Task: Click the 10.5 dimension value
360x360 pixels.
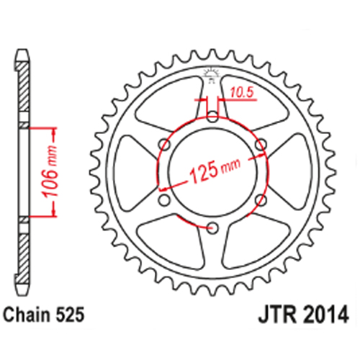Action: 242,92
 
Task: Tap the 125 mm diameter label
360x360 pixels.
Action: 215,170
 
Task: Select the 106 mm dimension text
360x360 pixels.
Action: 50,171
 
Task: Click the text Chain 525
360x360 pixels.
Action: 44,315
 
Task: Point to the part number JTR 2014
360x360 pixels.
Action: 303,315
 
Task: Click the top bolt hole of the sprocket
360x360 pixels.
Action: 212,117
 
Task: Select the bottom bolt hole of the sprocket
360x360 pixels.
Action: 212,228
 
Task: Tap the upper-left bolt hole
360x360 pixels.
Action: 165,145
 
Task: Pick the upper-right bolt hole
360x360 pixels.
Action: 261,145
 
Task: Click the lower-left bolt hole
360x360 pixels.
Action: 164,200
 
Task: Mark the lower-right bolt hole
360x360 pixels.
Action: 261,200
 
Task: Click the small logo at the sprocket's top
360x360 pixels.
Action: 211,75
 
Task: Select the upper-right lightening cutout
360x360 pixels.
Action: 254,102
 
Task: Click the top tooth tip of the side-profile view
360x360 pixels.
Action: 22,50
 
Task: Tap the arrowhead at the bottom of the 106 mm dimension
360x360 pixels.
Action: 54,212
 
